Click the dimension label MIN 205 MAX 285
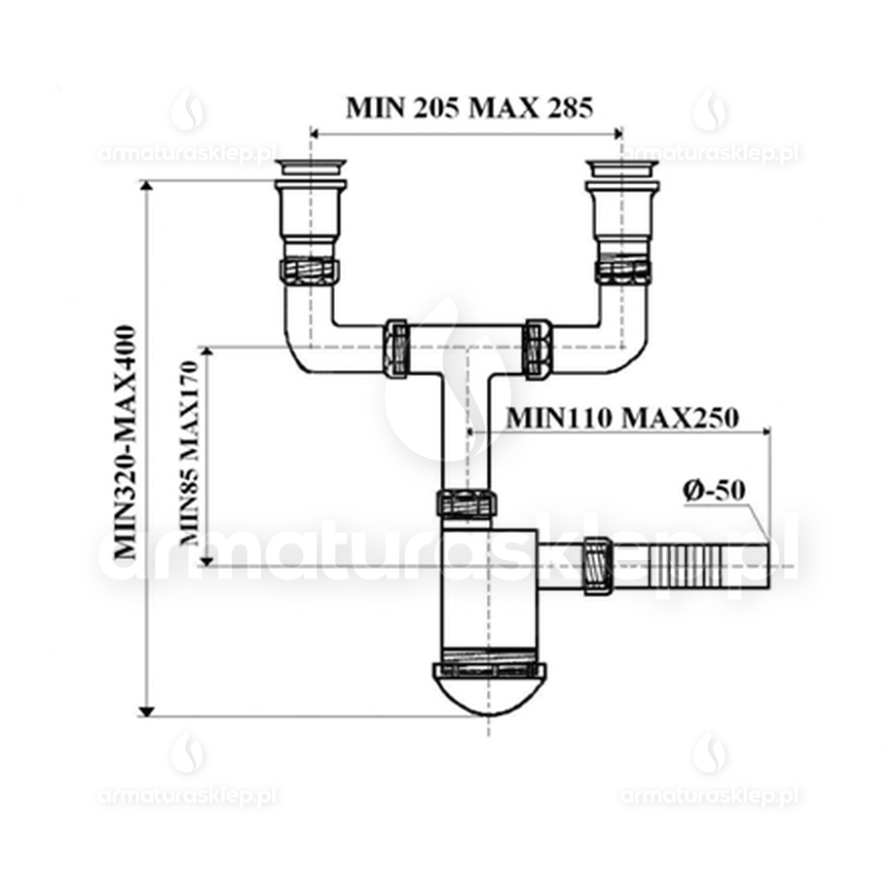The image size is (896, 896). pyautogui.click(x=468, y=107)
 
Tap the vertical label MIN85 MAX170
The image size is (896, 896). pyautogui.click(x=190, y=454)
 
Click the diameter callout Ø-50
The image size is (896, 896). pyautogui.click(x=714, y=491)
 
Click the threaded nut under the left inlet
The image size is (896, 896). pyautogui.click(x=310, y=269)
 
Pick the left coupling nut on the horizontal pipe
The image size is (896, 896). pyautogui.click(x=396, y=346)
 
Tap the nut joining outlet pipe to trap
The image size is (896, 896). pyautogui.click(x=595, y=565)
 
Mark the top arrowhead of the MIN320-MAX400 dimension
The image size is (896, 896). pyautogui.click(x=149, y=188)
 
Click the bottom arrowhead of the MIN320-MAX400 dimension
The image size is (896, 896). pyautogui.click(x=149, y=709)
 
